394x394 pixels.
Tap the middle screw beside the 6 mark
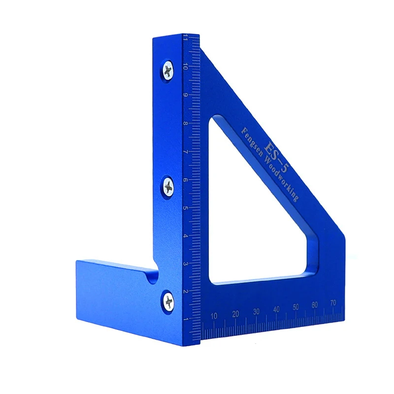(168, 187)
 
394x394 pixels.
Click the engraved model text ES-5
(275, 158)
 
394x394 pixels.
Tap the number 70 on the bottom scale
(333, 303)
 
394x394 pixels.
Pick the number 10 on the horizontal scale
(214, 316)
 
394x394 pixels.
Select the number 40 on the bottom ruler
(276, 309)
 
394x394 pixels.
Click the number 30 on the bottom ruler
(256, 312)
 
